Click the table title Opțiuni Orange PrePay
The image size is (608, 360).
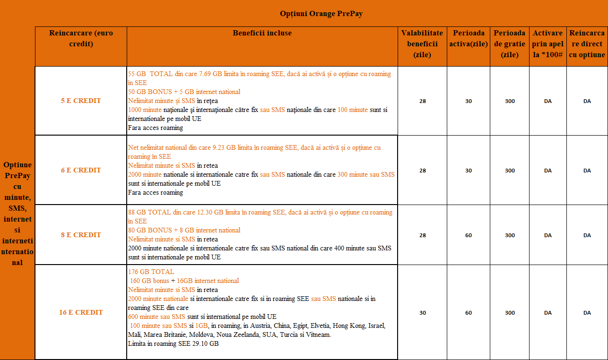pyautogui.click(x=321, y=14)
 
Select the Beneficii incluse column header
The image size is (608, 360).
pyautogui.click(x=262, y=33)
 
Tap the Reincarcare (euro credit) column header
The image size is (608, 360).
pyautogui.click(x=81, y=38)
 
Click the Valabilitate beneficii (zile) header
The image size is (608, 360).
pyautogui.click(x=422, y=43)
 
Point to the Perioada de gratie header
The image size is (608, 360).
pyautogui.click(x=509, y=43)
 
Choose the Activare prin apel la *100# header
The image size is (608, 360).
pyautogui.click(x=547, y=43)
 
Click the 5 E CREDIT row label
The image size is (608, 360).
pyautogui.click(x=81, y=101)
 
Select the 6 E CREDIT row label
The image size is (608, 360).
pyautogui.click(x=81, y=170)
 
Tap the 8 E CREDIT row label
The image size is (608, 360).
pyautogui.click(x=81, y=235)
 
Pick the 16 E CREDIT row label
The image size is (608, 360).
pyautogui.click(x=81, y=312)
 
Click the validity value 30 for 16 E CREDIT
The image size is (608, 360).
pyautogui.click(x=422, y=313)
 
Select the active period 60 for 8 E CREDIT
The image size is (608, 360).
pyautogui.click(x=468, y=235)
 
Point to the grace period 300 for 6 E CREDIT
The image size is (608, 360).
pyautogui.click(x=510, y=171)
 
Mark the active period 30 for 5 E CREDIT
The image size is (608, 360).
pyautogui.click(x=468, y=101)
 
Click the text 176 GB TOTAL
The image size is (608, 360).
pyautogui.click(x=151, y=272)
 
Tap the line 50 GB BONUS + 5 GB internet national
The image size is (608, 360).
pyautogui.click(x=184, y=92)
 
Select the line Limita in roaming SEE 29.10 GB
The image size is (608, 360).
pyautogui.click(x=173, y=343)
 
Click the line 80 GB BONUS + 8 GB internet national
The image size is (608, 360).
pyautogui.click(x=184, y=230)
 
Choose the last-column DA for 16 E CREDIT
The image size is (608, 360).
pyautogui.click(x=587, y=313)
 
